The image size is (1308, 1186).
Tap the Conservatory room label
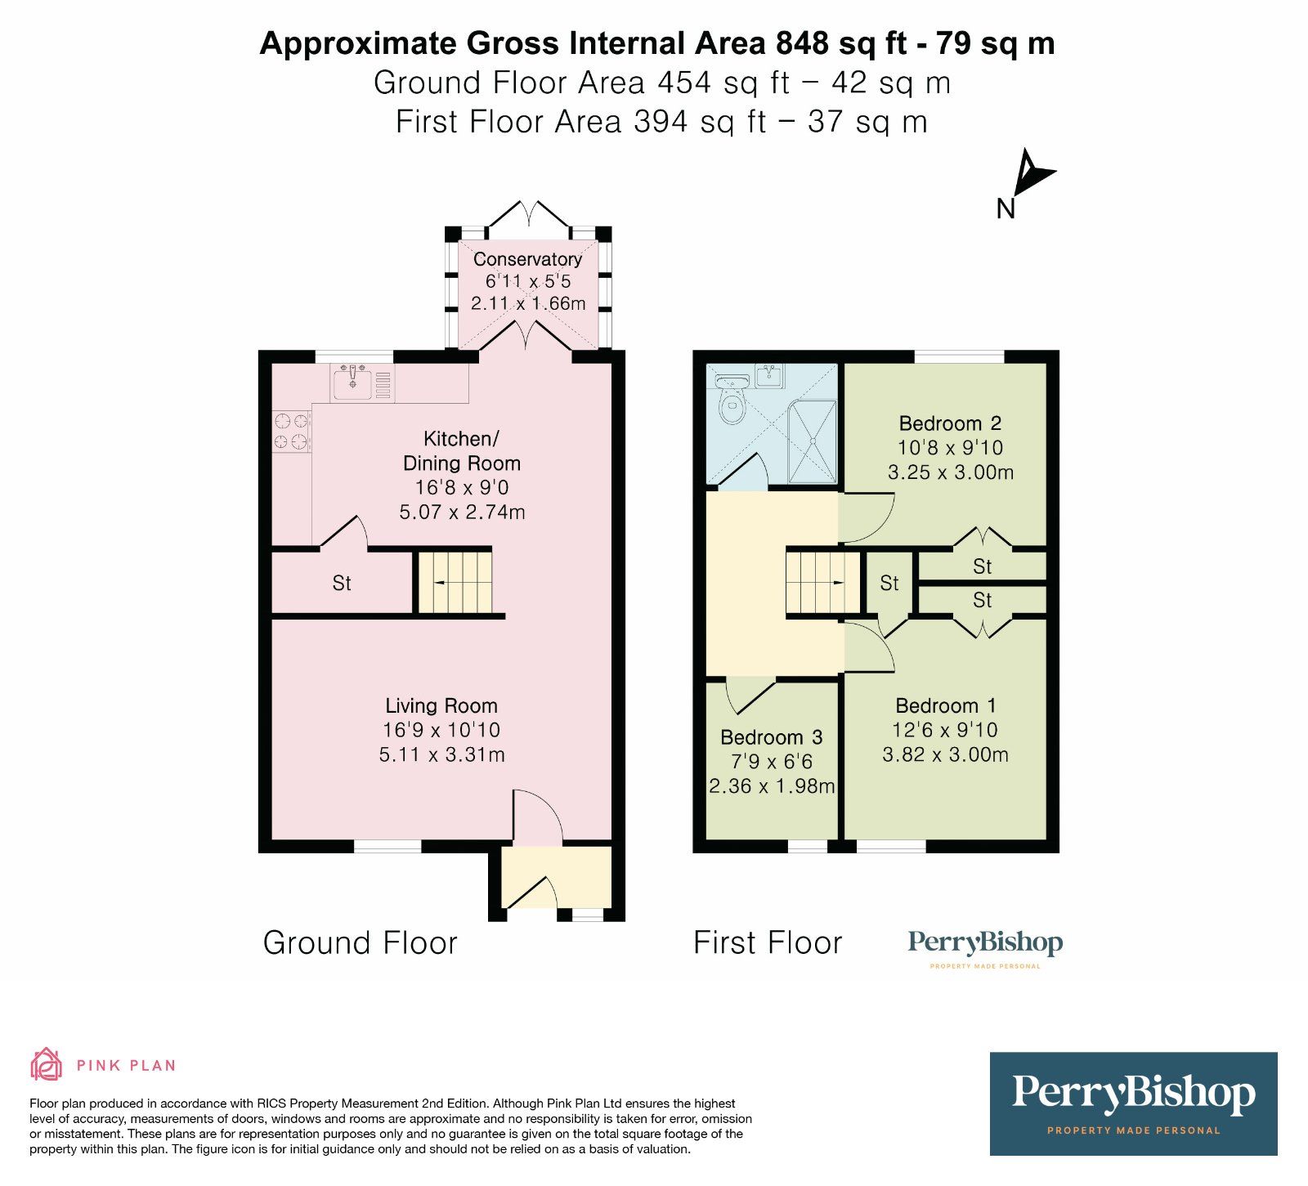tap(527, 259)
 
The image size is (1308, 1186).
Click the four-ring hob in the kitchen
tap(292, 431)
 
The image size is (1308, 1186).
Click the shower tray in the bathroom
tap(813, 441)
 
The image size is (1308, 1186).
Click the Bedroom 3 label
tap(771, 737)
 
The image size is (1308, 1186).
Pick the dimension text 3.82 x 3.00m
tap(945, 754)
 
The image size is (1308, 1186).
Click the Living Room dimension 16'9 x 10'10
tap(441, 730)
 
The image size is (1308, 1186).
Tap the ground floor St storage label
tap(342, 584)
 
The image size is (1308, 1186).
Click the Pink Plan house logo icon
tap(47, 1064)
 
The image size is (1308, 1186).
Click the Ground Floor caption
tap(360, 943)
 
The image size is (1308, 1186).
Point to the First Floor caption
tap(767, 943)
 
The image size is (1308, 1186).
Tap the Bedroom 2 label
tap(950, 423)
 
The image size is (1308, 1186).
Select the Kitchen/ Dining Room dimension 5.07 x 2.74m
tap(462, 512)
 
